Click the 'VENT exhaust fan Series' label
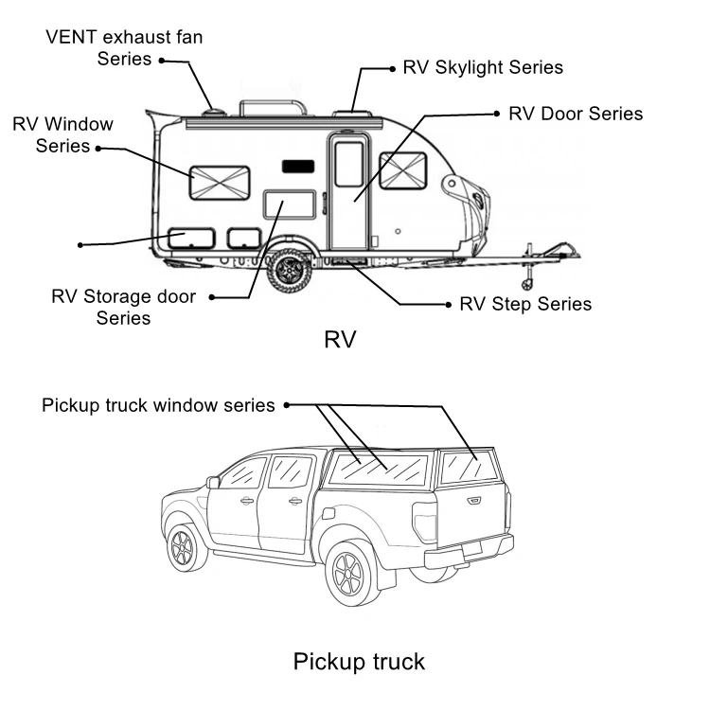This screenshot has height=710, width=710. [x=124, y=47]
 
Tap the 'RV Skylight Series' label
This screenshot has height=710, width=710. [x=483, y=67]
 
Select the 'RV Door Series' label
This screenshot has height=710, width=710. [x=576, y=114]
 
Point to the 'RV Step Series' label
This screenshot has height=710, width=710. [x=525, y=304]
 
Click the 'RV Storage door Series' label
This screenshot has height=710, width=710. [x=124, y=307]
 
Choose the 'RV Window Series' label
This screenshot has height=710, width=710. [x=62, y=134]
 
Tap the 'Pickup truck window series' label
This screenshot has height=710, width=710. [x=158, y=405]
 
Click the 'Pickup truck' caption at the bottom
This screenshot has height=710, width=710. [x=359, y=661]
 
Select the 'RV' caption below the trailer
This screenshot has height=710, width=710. [x=339, y=339]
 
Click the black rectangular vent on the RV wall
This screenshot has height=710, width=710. [x=297, y=166]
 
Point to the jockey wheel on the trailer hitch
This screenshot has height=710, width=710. [x=528, y=283]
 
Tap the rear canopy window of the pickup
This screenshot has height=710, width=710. [x=470, y=467]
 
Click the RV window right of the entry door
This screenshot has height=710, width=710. [x=402, y=170]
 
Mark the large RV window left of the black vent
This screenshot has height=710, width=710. [x=219, y=183]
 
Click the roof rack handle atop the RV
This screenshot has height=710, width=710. [x=274, y=106]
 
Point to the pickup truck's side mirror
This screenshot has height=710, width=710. [x=213, y=482]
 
